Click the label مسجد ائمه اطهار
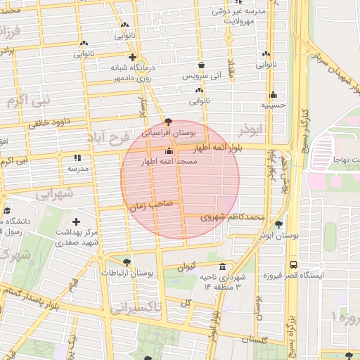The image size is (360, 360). point(169,162)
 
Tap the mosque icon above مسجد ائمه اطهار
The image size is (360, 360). point(168,151)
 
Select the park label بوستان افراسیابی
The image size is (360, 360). point(168,132)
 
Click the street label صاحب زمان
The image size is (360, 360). point(148,207)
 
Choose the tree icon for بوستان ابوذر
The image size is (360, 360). point(280,225)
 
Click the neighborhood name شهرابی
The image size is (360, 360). point(53,195)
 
